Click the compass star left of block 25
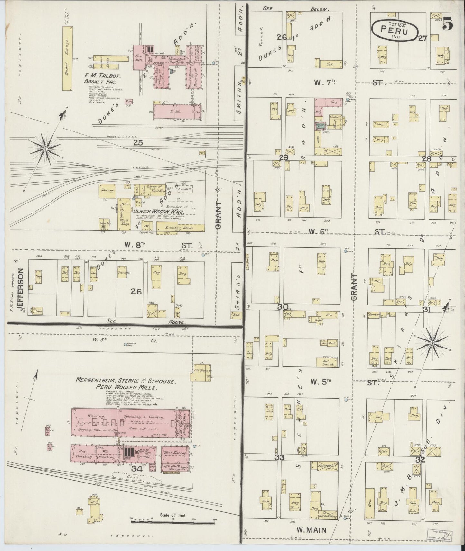point(46,149)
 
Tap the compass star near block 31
point(432,345)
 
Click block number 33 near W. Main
point(279,457)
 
